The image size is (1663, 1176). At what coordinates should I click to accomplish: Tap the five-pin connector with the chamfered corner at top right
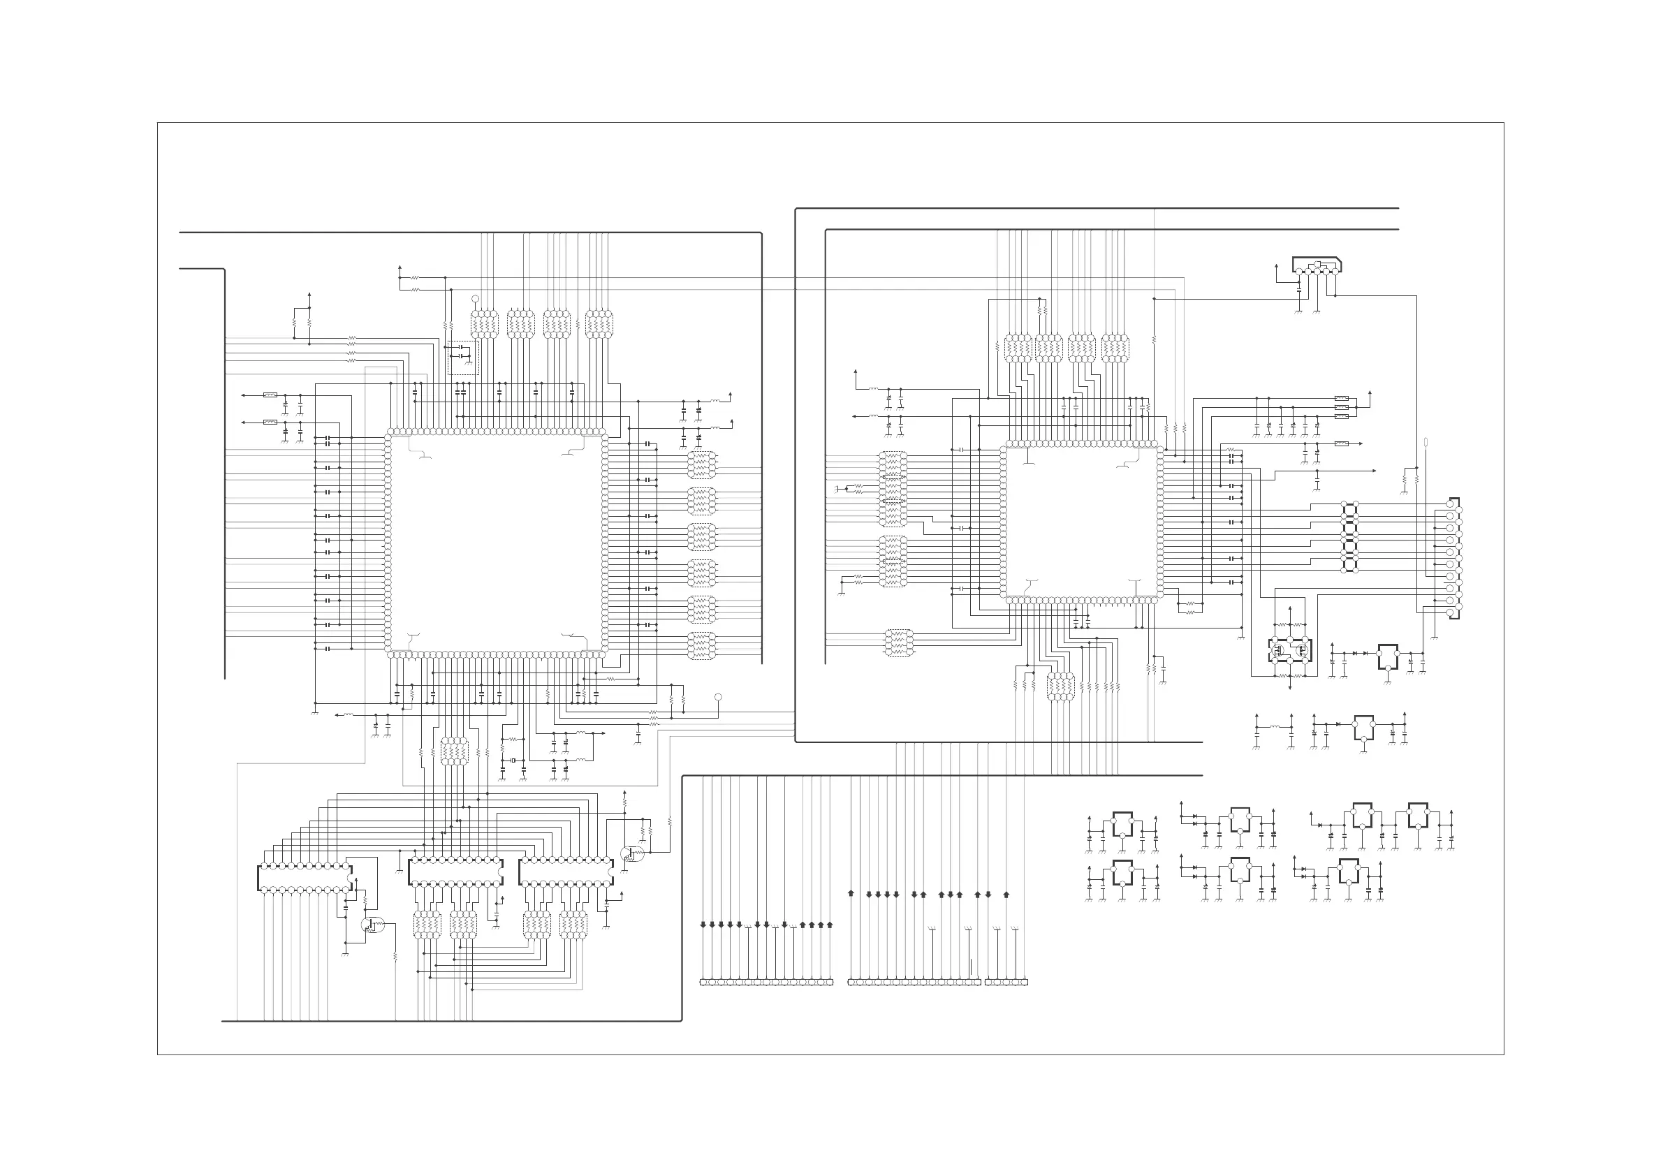coord(1317,266)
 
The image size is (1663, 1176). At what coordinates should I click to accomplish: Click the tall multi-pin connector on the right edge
coord(1453,557)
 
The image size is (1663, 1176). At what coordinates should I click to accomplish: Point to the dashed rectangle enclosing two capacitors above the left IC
coord(464,358)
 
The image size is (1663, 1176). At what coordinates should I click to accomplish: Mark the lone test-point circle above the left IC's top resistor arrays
coord(475,298)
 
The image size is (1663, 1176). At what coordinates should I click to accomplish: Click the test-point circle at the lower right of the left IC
coord(718,698)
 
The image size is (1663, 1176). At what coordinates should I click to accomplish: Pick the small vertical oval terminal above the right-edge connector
coord(1426,443)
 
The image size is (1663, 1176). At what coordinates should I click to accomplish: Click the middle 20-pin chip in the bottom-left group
coord(455,872)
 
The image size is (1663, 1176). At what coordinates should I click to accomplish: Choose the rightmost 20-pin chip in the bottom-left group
coord(566,872)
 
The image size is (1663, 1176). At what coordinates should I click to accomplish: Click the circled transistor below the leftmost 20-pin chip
coord(372,925)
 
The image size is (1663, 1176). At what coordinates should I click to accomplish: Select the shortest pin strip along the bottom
coord(1006,983)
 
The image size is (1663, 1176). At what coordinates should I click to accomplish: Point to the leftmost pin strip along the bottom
coord(766,983)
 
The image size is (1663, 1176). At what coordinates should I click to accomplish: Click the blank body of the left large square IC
coord(496,543)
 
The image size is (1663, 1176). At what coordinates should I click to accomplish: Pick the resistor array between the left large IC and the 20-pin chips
coord(454,751)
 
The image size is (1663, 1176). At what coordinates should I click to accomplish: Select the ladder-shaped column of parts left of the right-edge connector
coord(1349,536)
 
